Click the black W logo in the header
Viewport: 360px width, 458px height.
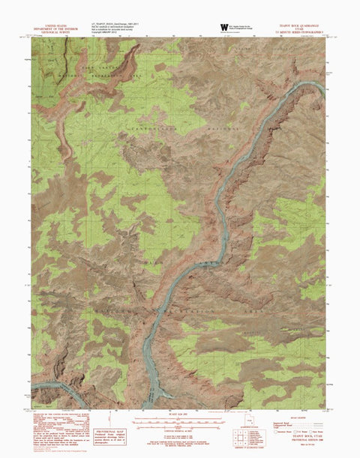pos(223,28)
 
